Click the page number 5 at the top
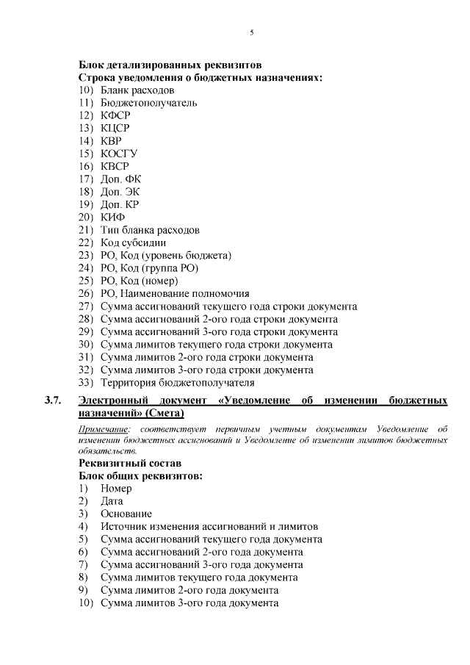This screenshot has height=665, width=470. coord(252,33)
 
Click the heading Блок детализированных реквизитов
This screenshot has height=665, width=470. coord(170,64)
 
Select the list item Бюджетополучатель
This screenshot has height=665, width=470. coord(148,103)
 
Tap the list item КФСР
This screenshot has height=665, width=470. coord(114,115)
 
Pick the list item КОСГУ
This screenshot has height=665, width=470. coord(118,154)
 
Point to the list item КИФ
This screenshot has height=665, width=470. coord(112,218)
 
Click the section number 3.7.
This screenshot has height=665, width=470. coord(52,400)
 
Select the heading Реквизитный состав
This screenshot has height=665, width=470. coord(130,463)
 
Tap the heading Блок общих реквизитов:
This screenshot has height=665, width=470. coord(140,476)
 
